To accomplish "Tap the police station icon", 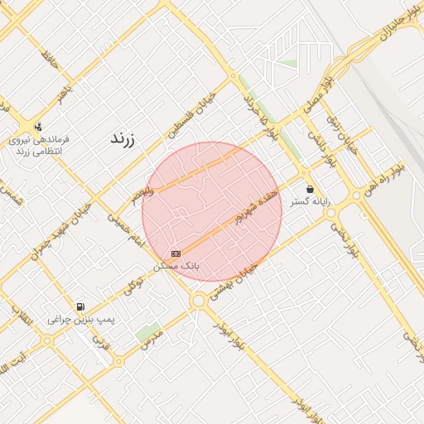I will [37, 127].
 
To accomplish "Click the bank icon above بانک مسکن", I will [176, 253].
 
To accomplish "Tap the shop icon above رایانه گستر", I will [310, 189].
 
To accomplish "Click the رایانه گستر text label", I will [310, 201].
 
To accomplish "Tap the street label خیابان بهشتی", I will [234, 282].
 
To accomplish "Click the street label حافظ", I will [50, 63].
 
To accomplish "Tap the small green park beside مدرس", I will [148, 333].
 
